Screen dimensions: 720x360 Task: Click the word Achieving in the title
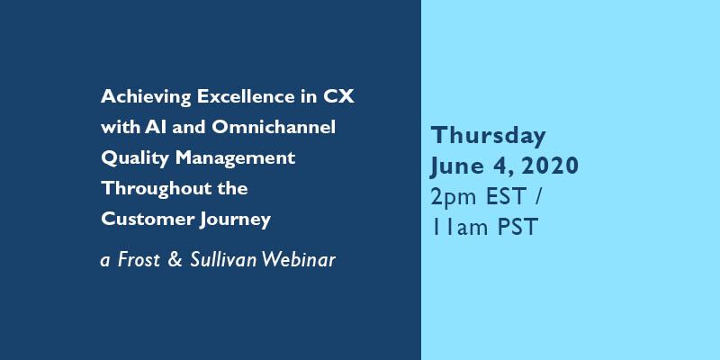146,97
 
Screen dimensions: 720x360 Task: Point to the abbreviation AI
155,127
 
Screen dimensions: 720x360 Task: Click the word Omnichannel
274,127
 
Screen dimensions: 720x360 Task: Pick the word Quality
135,159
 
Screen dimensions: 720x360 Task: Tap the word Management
235,159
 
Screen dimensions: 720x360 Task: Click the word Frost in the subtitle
139,260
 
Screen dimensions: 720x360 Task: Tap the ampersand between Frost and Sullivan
175,260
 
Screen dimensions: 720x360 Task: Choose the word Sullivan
223,260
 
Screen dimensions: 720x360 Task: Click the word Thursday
488,137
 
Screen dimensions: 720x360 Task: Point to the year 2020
549,166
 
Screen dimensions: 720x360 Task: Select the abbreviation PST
518,228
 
